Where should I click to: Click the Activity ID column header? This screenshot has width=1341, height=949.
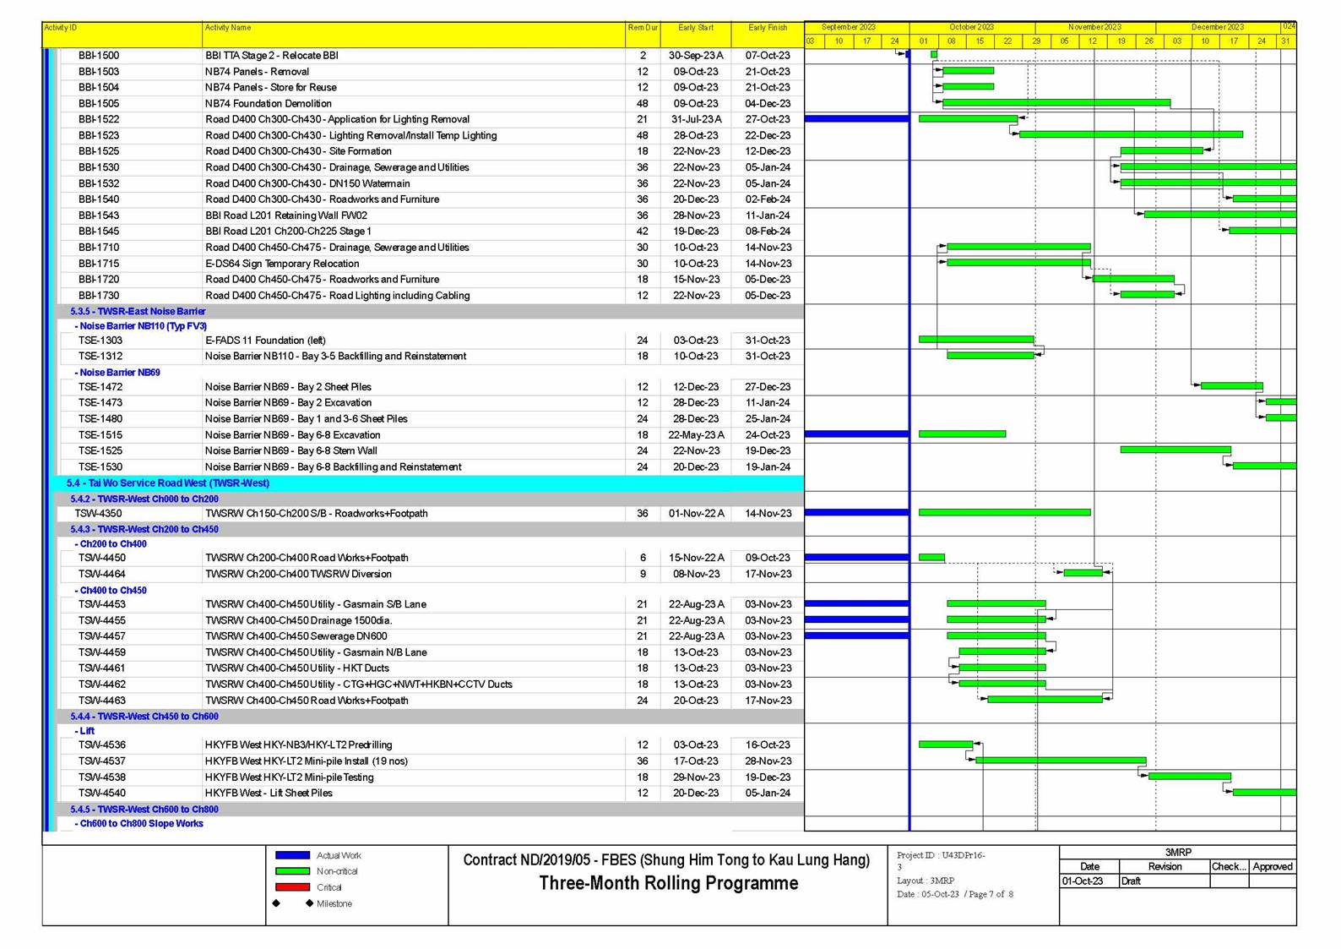61,28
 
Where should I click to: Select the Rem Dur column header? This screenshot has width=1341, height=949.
642,28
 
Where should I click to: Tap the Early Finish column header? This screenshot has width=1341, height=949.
767,28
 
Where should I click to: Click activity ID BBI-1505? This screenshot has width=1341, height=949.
99,104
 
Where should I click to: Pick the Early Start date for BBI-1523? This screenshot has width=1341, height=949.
696,135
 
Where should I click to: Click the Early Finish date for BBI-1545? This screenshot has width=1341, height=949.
768,232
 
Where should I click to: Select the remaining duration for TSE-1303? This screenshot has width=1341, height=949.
642,341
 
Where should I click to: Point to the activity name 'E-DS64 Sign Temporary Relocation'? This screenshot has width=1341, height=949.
282,264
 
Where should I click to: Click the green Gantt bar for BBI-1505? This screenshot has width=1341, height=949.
1056,103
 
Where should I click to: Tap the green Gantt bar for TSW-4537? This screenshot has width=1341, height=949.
1060,761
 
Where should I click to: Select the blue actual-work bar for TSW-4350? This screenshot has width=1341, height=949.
856,513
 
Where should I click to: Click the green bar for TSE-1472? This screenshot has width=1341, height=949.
1231,386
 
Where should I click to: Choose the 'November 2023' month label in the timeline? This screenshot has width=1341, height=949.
1094,27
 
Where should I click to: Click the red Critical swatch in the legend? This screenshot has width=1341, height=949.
292,887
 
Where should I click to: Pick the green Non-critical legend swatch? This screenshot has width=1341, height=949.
292,871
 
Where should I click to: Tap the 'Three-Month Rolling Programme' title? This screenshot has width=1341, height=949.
668,884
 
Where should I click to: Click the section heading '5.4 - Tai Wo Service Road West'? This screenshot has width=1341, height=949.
168,483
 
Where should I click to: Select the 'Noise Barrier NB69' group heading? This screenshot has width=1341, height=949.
119,373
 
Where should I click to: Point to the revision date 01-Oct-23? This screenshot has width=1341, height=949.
1083,881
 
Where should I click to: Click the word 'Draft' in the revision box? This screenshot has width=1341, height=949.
1131,881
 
